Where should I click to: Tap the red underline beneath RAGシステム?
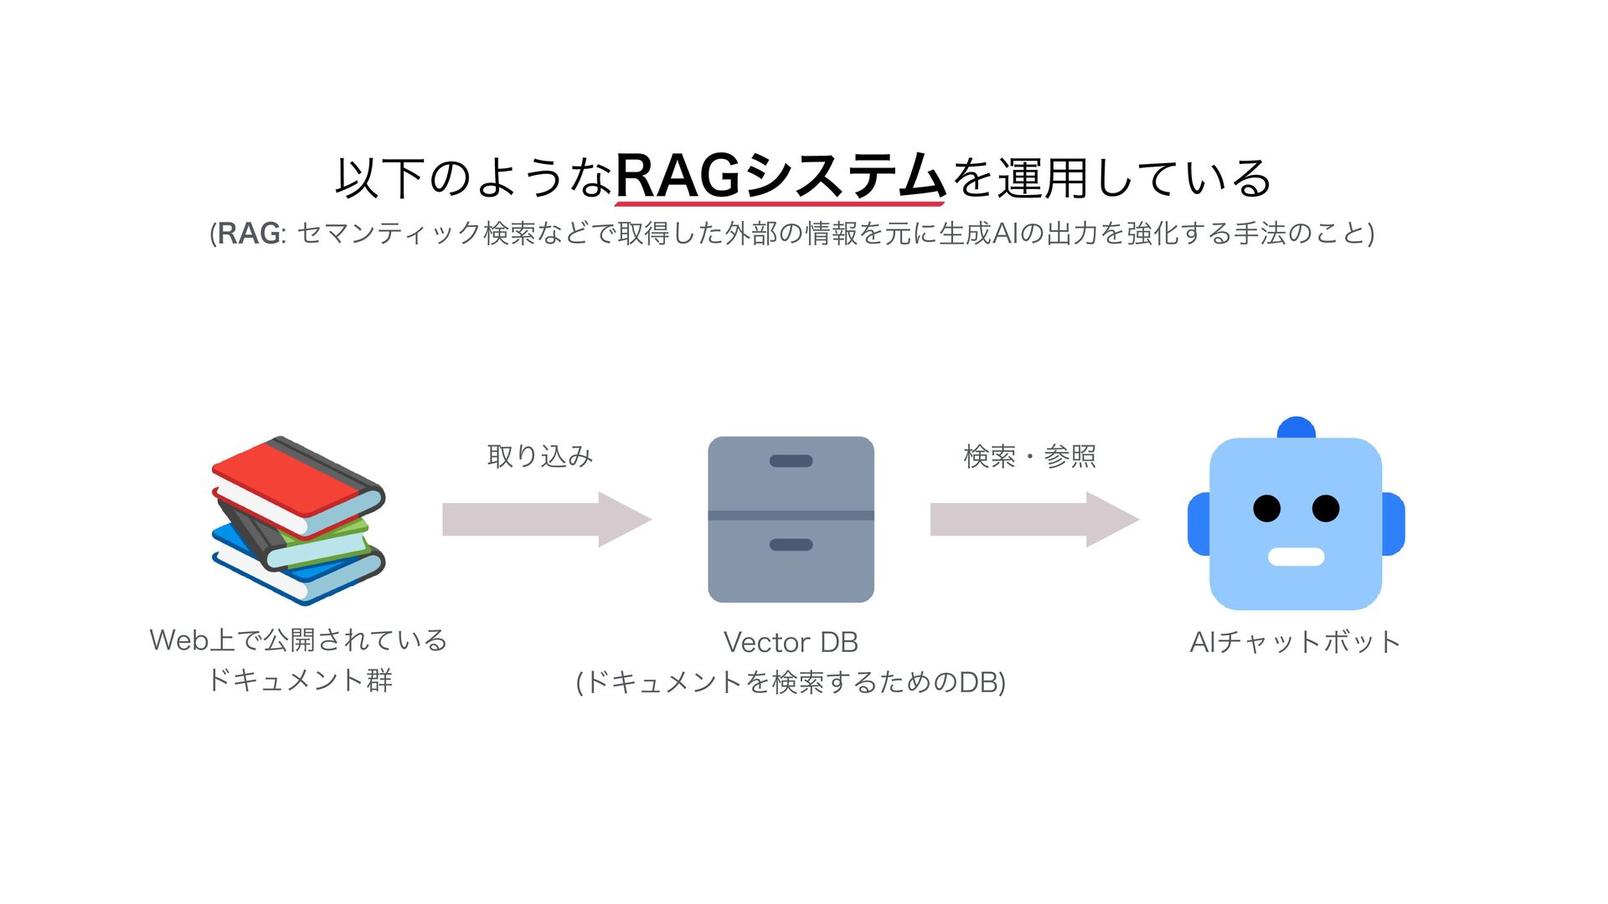(781, 203)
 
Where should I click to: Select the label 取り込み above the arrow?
(540, 456)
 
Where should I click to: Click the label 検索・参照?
(1029, 456)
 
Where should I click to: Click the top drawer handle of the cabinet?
(791, 461)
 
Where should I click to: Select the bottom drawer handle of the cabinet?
(791, 545)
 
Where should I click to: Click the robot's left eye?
(1266, 508)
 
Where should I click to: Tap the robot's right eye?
(1326, 508)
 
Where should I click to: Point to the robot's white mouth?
(1296, 557)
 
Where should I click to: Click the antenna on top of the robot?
(1296, 428)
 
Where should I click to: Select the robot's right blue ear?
(1394, 524)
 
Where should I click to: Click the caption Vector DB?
(791, 643)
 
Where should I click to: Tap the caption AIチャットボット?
(1295, 643)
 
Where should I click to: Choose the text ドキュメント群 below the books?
(299, 680)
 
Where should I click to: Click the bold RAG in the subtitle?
(249, 234)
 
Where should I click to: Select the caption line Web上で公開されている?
(298, 640)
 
